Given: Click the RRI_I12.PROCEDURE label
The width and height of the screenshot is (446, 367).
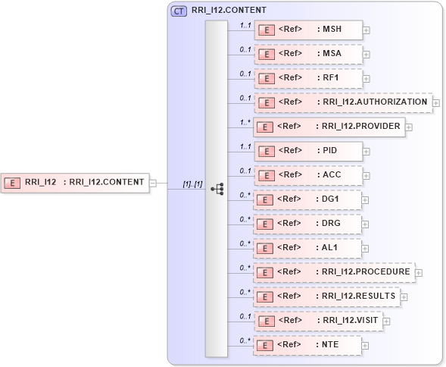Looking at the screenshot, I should point(363,272).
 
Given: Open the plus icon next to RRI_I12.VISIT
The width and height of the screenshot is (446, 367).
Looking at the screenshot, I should point(386,321).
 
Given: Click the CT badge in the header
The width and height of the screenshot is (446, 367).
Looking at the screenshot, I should point(179,11).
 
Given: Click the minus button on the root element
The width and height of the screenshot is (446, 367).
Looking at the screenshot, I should point(152,182).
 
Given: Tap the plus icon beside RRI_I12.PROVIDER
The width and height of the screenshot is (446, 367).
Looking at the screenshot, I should point(409,127).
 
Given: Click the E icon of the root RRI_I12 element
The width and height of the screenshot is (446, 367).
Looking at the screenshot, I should point(13,182).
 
